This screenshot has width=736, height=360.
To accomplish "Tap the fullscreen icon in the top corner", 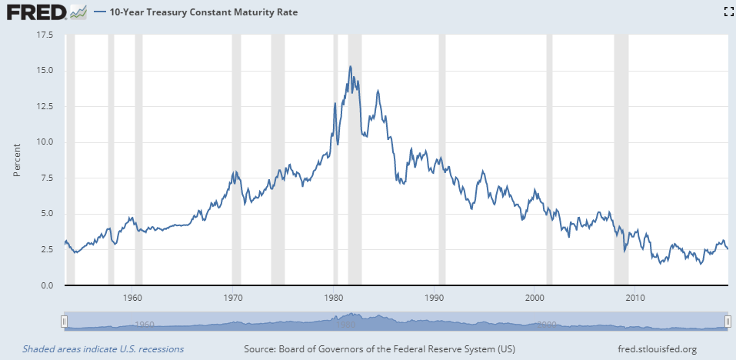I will (x=728, y=12).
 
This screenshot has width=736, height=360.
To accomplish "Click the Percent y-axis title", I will (x=17, y=160).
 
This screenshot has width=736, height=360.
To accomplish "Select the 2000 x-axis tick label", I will (x=535, y=297).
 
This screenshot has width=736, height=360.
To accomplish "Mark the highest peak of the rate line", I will (x=351, y=67).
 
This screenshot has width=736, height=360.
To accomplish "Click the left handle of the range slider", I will (x=65, y=321).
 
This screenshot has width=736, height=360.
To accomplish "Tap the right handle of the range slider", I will (x=728, y=321).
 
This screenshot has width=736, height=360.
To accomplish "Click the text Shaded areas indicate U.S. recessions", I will (x=103, y=349).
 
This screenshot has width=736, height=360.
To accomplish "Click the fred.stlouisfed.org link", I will (x=658, y=349).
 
